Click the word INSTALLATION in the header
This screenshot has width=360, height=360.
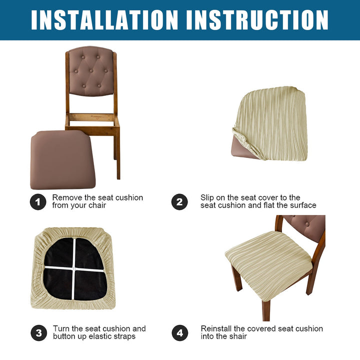tap(104, 20)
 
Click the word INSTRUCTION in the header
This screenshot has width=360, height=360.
tap(257, 20)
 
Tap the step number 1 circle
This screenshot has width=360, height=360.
tap(38, 202)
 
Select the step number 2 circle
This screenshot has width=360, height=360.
tap(179, 202)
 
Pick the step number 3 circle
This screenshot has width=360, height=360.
tap(39, 333)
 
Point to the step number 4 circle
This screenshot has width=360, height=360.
tap(180, 333)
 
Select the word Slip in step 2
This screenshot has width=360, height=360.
tap(207, 198)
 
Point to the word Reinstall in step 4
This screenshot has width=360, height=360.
tap(216, 328)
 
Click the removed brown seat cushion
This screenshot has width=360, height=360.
tap(62, 160)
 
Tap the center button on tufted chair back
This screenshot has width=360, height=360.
tap(91, 70)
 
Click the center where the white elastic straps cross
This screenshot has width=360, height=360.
tap(73, 268)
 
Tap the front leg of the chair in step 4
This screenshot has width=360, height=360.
tap(266, 310)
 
